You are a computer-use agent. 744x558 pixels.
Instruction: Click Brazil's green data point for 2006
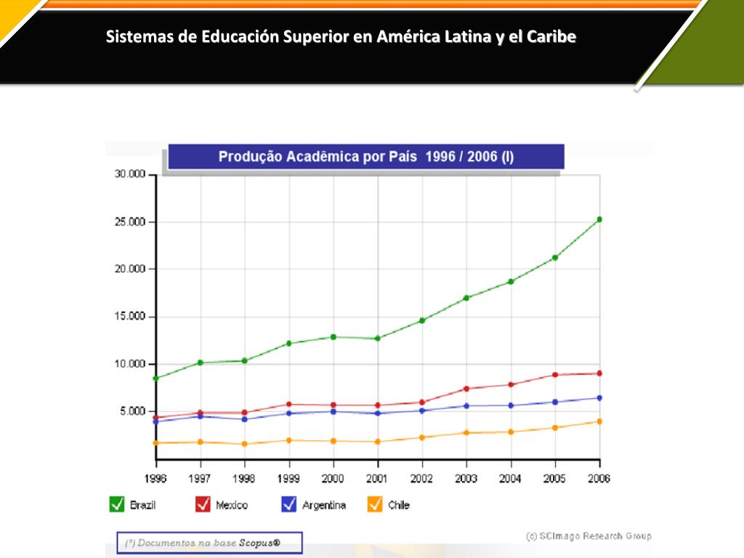click(599, 219)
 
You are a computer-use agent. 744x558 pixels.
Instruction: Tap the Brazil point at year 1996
click(156, 379)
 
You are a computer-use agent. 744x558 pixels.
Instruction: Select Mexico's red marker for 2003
click(466, 389)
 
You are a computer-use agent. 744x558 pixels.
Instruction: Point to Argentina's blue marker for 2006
click(599, 397)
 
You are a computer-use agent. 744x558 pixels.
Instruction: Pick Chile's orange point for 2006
click(599, 421)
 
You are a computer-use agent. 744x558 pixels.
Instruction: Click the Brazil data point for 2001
click(378, 339)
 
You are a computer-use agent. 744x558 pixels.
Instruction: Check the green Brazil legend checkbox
click(116, 504)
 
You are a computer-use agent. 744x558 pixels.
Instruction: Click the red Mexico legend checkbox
click(203, 504)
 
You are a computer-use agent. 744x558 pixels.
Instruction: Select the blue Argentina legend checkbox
click(289, 504)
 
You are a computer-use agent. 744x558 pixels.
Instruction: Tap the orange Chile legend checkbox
click(375, 504)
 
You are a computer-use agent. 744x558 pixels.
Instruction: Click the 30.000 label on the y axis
click(131, 174)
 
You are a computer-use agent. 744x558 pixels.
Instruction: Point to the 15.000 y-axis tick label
click(131, 317)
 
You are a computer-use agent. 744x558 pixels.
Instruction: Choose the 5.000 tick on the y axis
click(133, 411)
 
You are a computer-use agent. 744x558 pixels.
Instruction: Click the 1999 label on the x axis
click(289, 478)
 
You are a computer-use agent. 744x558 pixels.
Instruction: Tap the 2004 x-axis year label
click(511, 478)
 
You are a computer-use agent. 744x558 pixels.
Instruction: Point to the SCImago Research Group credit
click(589, 536)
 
